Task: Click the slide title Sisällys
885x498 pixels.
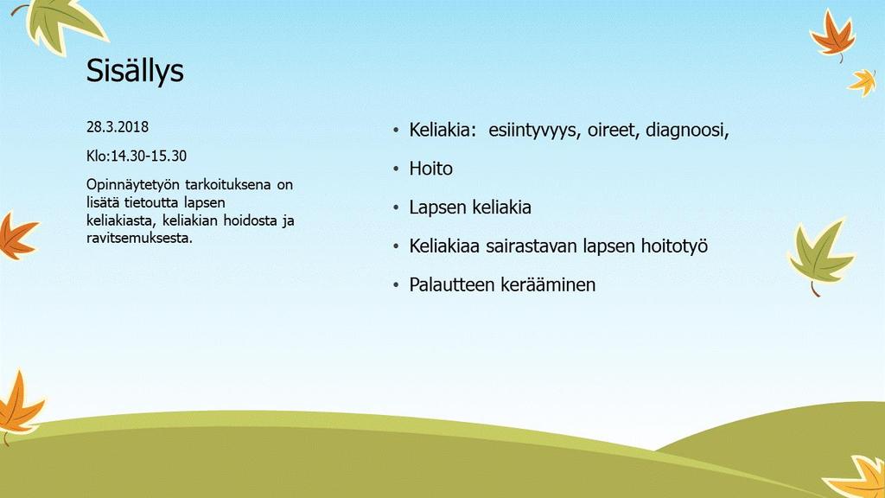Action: [135, 71]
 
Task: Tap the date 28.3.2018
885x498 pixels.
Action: [118, 127]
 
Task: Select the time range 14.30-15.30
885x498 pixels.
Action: [149, 156]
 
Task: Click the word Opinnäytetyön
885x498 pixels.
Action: [134, 186]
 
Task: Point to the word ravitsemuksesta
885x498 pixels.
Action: [139, 238]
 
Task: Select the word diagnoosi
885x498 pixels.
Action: [687, 131]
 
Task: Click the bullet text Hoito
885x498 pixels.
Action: [430, 169]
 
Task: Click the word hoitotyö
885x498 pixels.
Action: [674, 246]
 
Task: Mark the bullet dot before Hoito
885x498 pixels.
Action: [396, 169]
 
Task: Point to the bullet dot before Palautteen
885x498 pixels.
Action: [396, 285]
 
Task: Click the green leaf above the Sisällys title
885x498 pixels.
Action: [62, 22]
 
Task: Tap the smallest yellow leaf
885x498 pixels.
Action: [863, 82]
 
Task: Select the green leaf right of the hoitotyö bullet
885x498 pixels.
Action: [820, 257]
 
